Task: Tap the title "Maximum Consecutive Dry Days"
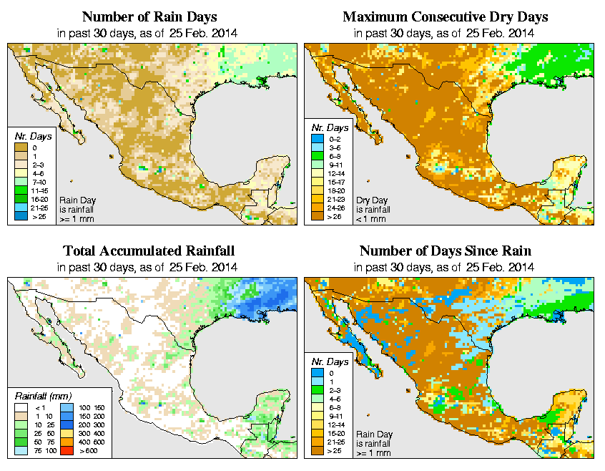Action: click(x=446, y=16)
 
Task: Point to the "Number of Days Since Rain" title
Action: click(x=446, y=251)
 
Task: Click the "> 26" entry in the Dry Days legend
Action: click(x=334, y=217)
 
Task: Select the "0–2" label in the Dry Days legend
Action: click(x=334, y=138)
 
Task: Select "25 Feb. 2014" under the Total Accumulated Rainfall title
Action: click(x=203, y=267)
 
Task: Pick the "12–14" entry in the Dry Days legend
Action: click(x=334, y=173)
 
